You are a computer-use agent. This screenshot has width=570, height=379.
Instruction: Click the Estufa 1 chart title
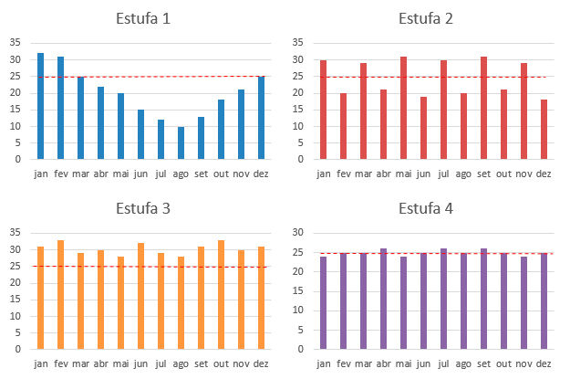[x=143, y=18]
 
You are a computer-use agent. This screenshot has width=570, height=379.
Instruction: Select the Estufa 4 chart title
[x=426, y=208]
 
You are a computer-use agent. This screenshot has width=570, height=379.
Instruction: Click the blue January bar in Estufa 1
[x=41, y=106]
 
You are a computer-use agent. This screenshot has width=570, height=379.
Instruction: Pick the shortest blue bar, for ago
[x=181, y=142]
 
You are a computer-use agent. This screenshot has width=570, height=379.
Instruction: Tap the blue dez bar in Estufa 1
[x=262, y=118]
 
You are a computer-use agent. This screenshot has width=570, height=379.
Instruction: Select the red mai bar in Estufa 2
[x=403, y=108]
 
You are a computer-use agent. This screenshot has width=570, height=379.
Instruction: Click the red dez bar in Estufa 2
[x=544, y=130]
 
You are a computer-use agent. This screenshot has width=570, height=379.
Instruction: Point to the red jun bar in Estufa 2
[x=423, y=128]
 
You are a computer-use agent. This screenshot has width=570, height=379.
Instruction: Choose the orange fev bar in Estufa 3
[x=61, y=295]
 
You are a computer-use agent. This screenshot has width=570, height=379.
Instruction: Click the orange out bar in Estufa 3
[x=221, y=295]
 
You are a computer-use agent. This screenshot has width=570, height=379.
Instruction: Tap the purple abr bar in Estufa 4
[x=384, y=299]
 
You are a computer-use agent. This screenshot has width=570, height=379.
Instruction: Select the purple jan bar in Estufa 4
[x=323, y=303]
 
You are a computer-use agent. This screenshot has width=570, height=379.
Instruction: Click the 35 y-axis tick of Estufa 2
[x=297, y=43]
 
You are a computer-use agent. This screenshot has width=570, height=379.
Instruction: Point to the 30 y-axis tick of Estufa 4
[x=297, y=232]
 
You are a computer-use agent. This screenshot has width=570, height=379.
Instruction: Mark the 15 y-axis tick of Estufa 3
[x=16, y=300]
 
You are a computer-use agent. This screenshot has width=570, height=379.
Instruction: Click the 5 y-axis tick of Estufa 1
[x=18, y=142]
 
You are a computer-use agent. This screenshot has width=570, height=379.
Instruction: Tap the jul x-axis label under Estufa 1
[x=161, y=174]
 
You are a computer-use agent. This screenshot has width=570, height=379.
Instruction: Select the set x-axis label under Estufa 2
[x=484, y=174]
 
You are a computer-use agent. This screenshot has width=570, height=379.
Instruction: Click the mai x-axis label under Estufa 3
[x=120, y=363]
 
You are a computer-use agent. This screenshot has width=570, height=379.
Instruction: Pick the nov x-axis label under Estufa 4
[x=523, y=363]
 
